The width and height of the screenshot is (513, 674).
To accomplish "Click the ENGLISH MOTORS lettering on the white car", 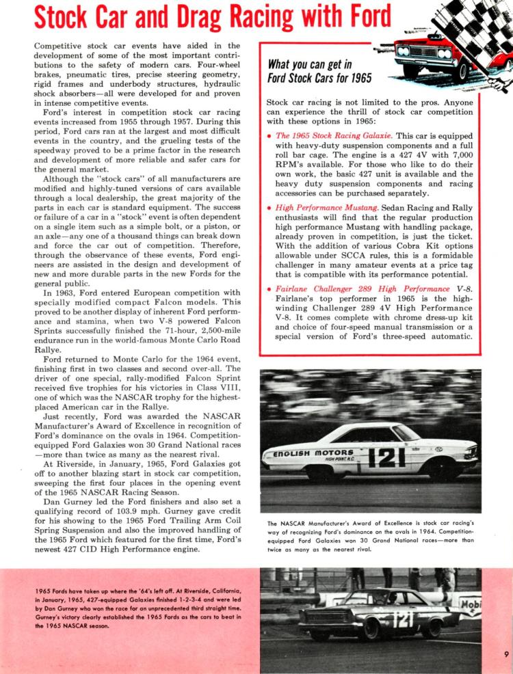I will (x=314, y=453).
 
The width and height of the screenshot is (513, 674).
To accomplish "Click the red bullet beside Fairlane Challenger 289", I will (x=269, y=289).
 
